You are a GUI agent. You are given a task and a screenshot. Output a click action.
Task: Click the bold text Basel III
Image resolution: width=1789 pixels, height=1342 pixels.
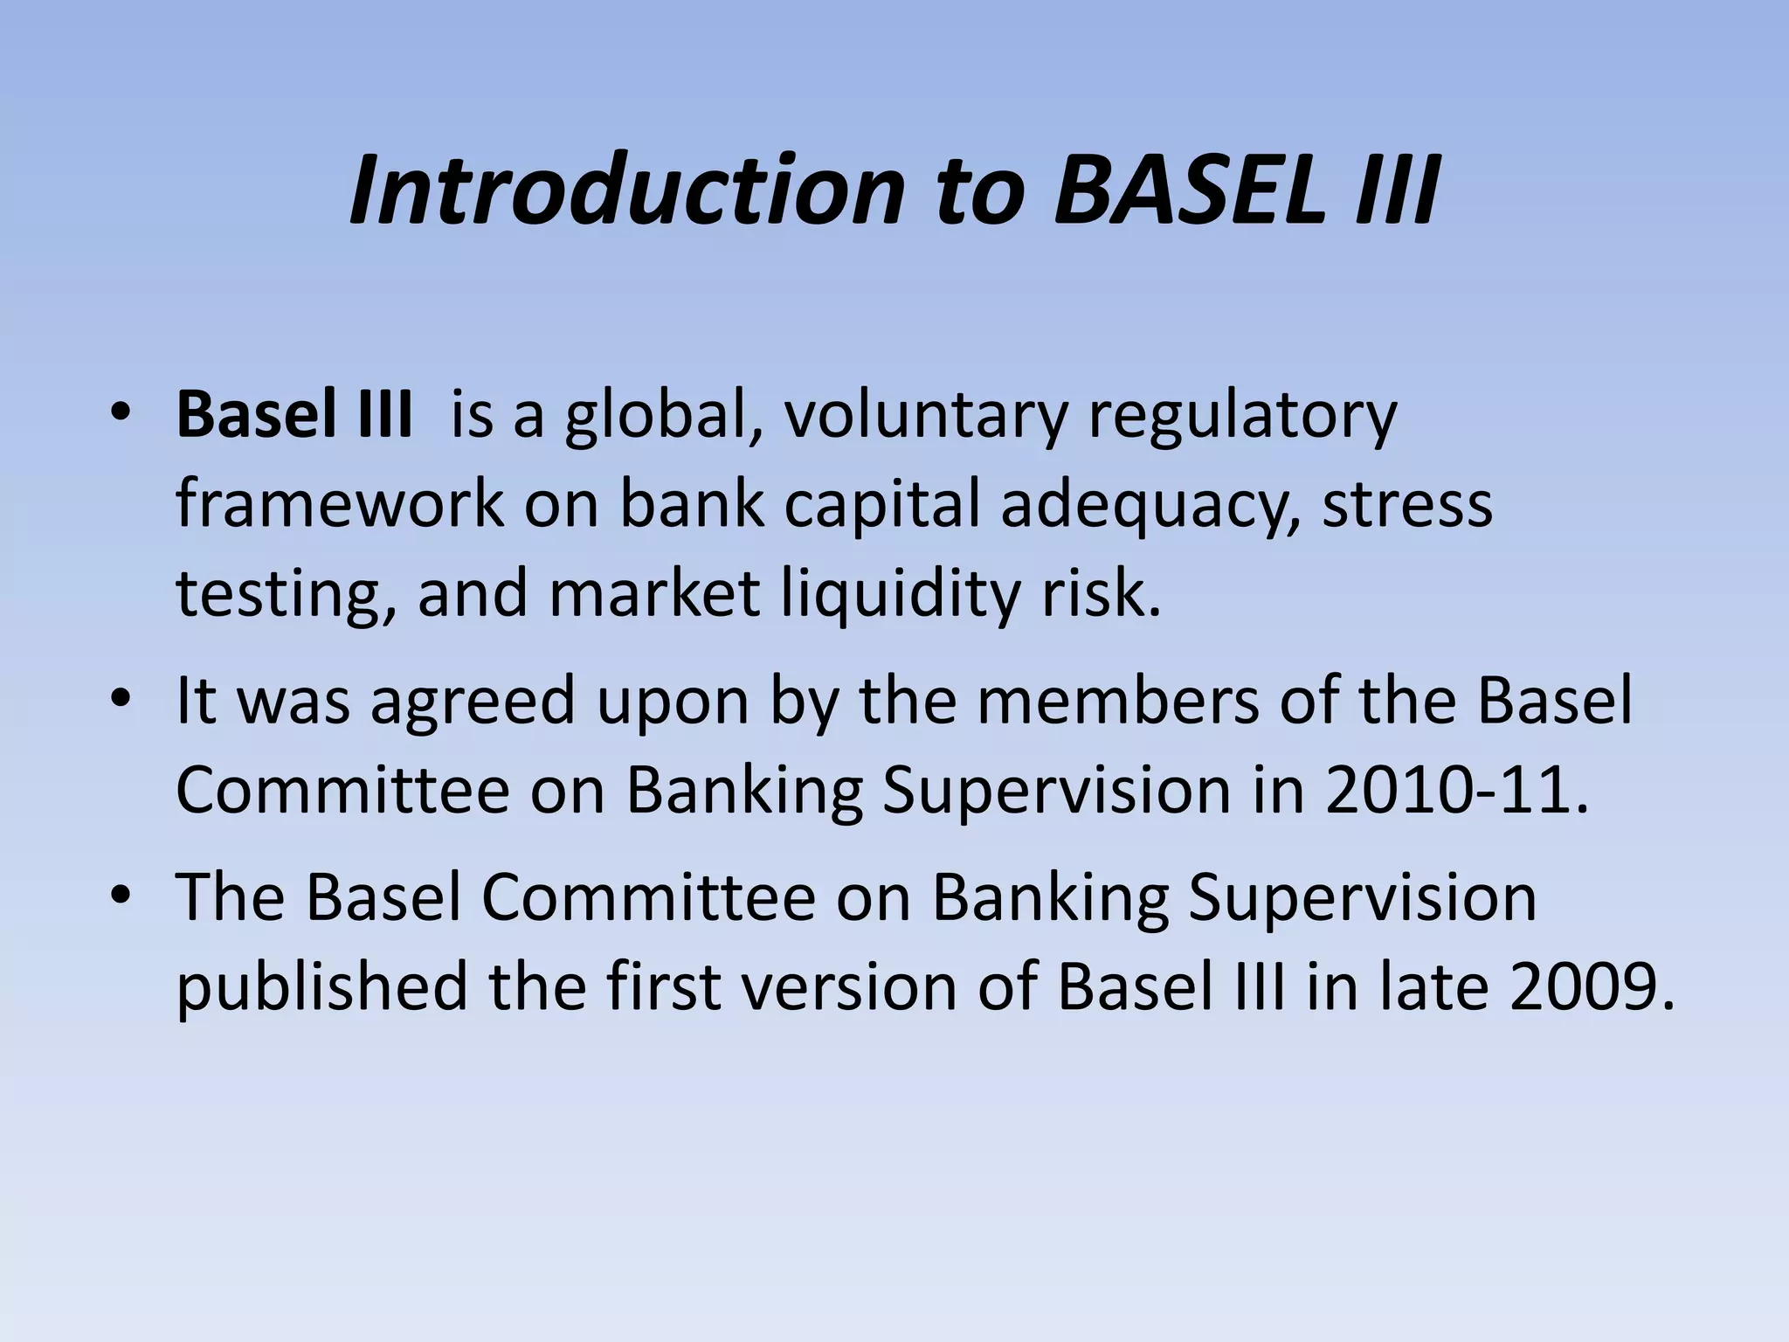[294, 415]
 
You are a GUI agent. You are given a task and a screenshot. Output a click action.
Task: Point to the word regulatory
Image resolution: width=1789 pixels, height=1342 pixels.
[1241, 415]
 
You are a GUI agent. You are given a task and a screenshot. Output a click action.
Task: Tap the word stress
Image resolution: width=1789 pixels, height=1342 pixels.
[1406, 505]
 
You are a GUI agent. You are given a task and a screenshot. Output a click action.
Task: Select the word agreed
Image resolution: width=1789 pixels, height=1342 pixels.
[473, 701]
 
